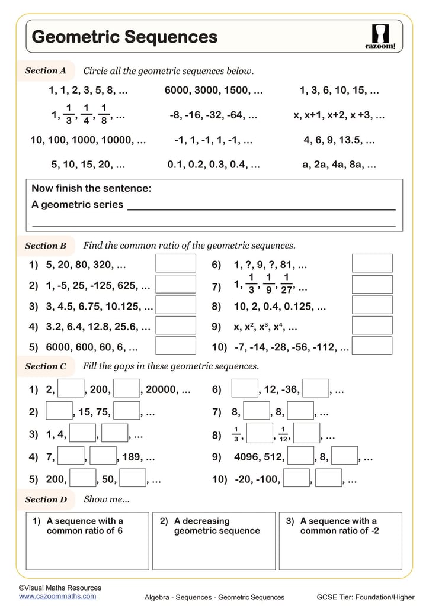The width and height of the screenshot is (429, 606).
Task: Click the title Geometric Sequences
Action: click(124, 37)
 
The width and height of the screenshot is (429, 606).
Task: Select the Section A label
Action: click(46, 71)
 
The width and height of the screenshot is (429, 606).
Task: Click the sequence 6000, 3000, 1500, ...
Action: click(213, 91)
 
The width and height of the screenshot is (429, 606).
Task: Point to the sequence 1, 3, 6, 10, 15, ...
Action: click(340, 91)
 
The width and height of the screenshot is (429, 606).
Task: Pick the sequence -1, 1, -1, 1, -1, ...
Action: click(213, 141)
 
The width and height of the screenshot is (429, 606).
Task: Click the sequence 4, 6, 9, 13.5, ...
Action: click(339, 141)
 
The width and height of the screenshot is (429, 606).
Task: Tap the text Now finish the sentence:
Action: click(91, 189)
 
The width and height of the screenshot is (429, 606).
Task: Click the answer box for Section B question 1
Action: click(175, 264)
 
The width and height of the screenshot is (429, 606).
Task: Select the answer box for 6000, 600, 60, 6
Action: click(175, 346)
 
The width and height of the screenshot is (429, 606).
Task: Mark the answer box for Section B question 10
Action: click(372, 346)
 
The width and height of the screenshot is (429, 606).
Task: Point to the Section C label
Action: click(46, 366)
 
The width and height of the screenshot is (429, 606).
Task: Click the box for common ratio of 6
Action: click(87, 541)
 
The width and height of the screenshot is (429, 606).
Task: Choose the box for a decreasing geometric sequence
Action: click(214, 541)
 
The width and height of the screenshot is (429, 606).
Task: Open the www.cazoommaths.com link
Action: click(57, 597)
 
